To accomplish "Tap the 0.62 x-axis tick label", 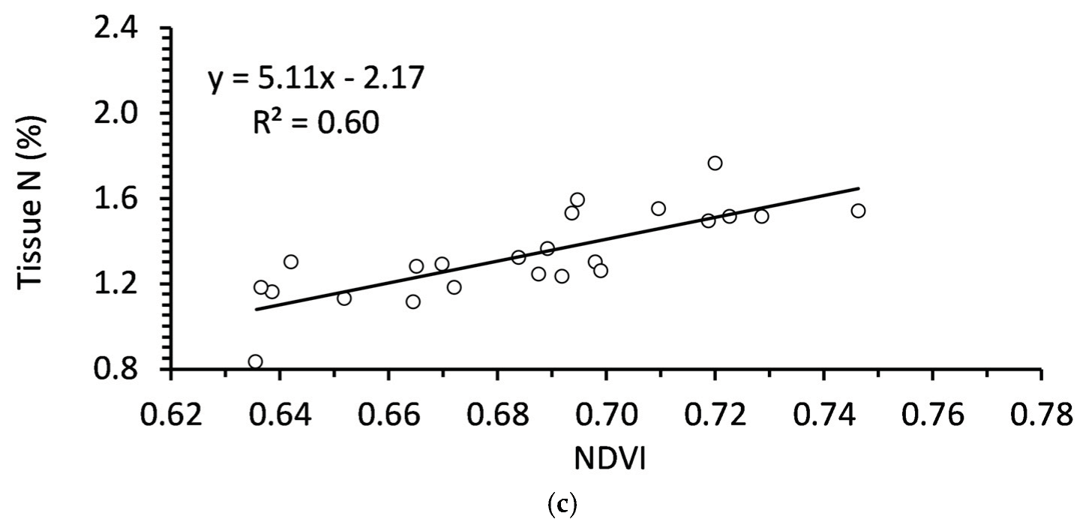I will (x=171, y=415).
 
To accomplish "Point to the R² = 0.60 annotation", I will (x=315, y=121).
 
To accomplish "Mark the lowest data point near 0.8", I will (x=255, y=361).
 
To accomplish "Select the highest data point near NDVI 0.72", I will (x=715, y=163).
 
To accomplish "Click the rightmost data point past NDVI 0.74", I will (x=858, y=211).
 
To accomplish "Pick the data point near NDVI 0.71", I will (x=658, y=208).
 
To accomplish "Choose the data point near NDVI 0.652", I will (x=344, y=298).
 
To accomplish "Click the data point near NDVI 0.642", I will (x=291, y=262).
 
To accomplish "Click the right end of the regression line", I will (x=858, y=188).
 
